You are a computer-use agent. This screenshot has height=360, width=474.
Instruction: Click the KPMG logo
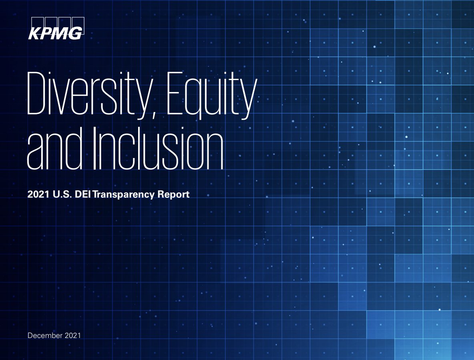point(56,28)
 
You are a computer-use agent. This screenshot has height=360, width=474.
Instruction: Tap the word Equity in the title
point(212,95)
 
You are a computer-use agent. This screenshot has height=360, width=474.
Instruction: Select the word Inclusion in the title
point(158,148)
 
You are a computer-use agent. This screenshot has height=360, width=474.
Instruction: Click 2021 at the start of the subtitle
point(38,194)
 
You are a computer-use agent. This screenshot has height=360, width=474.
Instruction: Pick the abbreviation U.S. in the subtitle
point(62,194)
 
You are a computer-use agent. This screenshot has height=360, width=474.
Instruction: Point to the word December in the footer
point(45,335)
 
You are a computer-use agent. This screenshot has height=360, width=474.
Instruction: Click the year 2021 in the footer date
point(72,335)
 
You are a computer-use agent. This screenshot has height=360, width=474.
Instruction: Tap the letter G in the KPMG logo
point(75,33)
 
